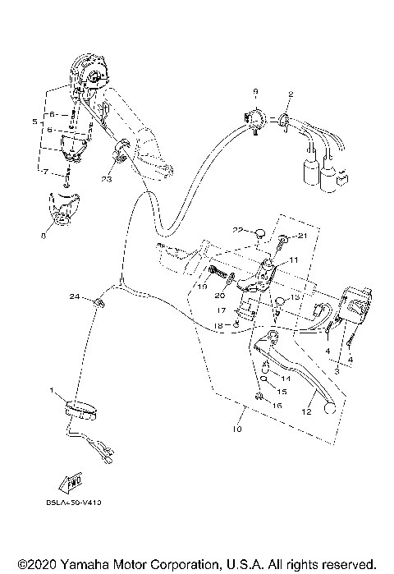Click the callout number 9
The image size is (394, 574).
255,90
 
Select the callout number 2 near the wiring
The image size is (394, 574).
289,94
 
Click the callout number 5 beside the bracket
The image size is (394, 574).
34,122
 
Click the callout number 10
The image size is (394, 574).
238,429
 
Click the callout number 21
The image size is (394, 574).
302,236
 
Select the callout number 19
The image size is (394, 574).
202,287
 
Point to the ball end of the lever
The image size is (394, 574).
330,408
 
